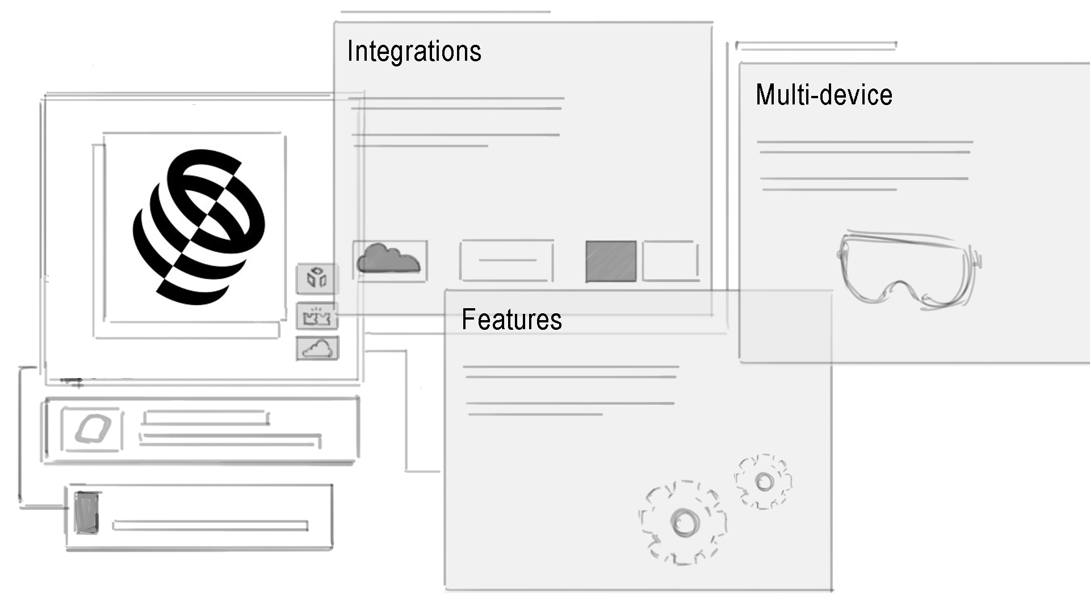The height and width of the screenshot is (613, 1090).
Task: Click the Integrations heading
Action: tap(414, 51)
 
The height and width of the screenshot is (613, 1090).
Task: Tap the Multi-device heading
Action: tap(824, 95)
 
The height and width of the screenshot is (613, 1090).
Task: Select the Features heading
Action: tap(512, 319)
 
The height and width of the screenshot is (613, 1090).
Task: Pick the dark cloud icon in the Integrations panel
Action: tap(388, 258)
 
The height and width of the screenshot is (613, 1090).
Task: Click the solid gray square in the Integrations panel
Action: tap(611, 261)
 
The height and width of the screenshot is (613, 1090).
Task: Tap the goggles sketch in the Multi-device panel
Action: tap(908, 270)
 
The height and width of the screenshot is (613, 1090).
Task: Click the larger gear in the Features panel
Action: tap(683, 522)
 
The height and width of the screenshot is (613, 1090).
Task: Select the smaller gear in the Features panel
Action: tap(764, 482)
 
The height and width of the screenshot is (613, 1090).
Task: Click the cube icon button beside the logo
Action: tap(317, 278)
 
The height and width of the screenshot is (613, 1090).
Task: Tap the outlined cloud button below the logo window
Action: tap(317, 349)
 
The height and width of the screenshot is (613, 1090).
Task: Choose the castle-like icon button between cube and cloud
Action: tap(317, 316)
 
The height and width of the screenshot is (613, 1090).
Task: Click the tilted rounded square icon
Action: tap(93, 429)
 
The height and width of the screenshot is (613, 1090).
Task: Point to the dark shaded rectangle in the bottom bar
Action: tap(86, 513)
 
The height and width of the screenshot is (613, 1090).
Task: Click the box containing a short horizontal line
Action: tap(506, 261)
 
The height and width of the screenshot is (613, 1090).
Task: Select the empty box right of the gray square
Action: tap(670, 261)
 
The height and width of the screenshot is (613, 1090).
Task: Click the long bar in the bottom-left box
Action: tap(210, 526)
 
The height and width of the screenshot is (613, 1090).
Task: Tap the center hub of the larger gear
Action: tap(683, 522)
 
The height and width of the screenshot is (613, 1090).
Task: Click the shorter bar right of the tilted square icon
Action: tap(206, 418)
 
